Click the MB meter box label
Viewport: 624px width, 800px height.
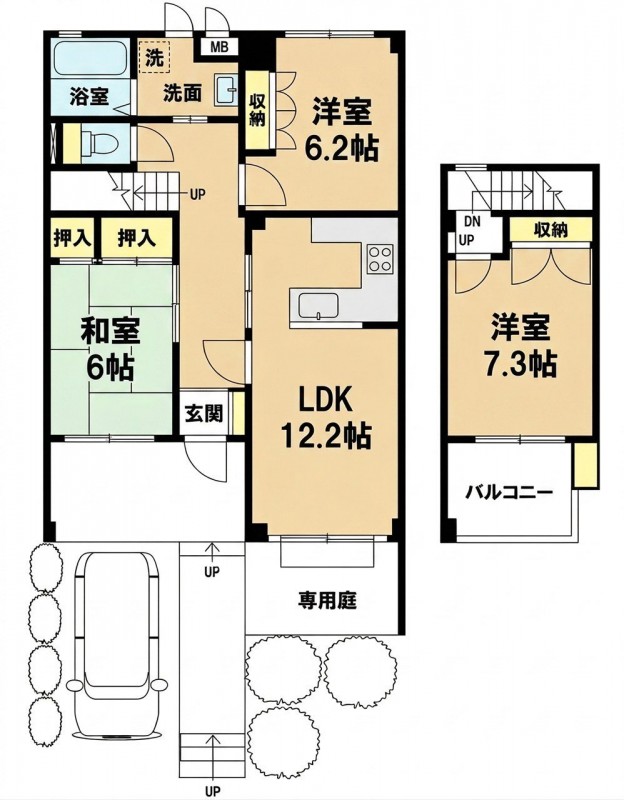219,48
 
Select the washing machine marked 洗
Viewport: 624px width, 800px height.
153,58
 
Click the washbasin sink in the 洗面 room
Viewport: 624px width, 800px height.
227,90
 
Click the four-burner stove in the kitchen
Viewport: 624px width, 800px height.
380,259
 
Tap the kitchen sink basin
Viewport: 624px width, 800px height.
318,305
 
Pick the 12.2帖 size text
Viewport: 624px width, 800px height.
326,436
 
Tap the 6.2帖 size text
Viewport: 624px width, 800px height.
341,148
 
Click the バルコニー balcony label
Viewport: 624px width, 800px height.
509,493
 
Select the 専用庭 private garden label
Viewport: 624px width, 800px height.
327,599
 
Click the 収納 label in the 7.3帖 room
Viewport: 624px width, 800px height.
551,231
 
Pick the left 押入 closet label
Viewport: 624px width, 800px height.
73,238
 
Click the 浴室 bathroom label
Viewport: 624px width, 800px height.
89,96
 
